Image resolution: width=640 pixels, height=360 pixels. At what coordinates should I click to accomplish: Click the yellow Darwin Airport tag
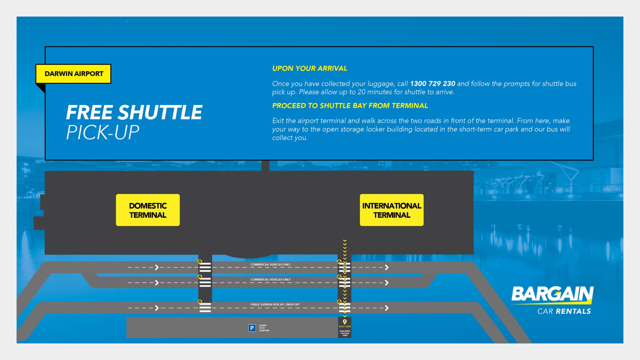coord(73,74)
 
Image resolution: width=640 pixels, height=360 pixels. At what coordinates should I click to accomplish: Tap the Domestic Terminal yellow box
coord(148,210)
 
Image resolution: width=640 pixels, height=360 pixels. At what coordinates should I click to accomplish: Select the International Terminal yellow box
coord(392,210)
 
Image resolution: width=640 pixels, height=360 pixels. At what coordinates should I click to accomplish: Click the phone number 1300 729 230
coord(432,84)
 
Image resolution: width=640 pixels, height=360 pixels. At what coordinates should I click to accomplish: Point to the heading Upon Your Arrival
coord(309,68)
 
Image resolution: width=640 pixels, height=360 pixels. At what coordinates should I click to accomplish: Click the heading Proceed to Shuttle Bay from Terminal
coord(350,106)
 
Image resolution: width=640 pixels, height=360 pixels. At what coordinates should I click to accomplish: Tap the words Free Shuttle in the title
coord(134,112)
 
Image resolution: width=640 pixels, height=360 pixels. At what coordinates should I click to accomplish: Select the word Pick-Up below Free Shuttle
coord(102,132)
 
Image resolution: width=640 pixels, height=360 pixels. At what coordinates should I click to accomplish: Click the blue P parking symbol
coord(252,328)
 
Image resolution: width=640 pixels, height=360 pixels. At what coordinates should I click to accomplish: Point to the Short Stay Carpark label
coord(264,328)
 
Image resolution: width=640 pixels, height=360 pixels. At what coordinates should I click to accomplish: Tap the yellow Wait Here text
coord(345,327)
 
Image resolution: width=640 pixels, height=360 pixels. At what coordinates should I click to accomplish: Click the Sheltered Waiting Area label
coord(345,333)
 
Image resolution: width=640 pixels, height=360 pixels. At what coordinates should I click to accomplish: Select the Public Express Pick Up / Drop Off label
coord(275,304)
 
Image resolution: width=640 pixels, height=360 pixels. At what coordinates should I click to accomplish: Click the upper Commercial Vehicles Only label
coord(270,264)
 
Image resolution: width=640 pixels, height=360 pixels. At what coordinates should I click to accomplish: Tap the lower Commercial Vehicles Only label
coord(270,279)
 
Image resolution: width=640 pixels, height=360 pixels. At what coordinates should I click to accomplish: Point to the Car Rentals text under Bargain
coord(564,311)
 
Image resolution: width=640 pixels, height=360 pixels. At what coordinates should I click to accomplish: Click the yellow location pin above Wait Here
coord(345,322)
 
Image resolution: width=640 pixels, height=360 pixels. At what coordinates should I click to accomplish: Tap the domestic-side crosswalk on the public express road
coord(205,307)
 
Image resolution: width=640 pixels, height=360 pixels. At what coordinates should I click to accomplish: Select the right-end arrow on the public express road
coord(387,308)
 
